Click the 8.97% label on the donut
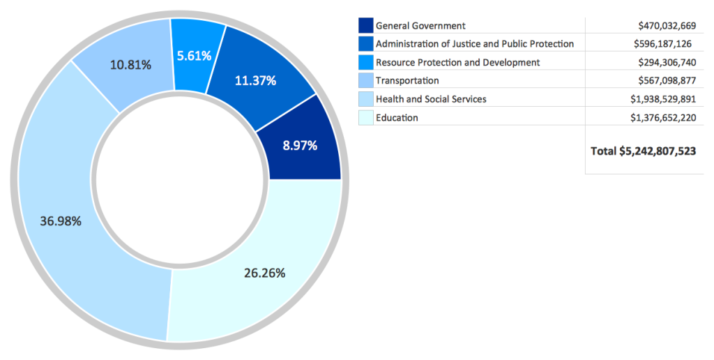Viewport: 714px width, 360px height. [300, 146]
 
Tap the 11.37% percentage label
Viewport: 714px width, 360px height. [255, 81]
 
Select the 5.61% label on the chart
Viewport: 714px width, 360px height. [194, 56]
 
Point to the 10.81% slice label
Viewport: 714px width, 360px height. [131, 65]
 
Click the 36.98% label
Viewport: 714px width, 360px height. [61, 221]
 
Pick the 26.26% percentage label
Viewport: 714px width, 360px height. [264, 273]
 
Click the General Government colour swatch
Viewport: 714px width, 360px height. [366, 26]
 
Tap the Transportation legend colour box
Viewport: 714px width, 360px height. [366, 81]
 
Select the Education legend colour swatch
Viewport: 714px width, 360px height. [366, 118]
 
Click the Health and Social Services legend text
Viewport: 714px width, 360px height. [431, 99]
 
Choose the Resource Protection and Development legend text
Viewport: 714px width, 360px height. [457, 63]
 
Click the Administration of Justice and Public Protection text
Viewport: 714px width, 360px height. [475, 44]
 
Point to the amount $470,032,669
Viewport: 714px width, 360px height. [667, 26]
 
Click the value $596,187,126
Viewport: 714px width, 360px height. [662, 44]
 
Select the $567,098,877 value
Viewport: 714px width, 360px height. [667, 81]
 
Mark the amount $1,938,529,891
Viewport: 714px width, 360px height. [662, 99]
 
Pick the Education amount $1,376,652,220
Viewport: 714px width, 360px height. [662, 118]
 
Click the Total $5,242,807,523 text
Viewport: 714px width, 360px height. [643, 151]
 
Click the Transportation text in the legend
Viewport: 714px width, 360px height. [407, 81]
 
